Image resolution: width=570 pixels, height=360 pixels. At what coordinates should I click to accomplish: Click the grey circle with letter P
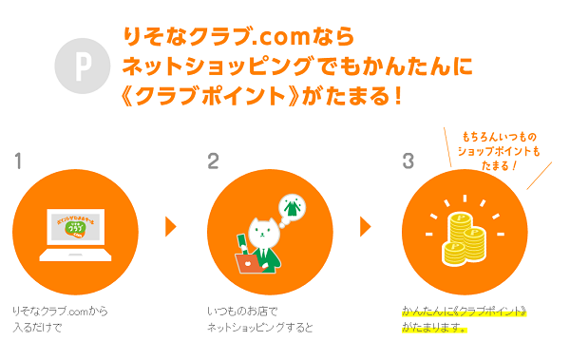click(83, 65)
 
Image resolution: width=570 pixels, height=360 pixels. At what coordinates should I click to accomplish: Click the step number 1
click(18, 161)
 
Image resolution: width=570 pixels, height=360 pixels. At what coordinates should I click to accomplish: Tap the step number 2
click(213, 161)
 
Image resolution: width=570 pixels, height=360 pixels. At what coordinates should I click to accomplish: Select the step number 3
click(408, 161)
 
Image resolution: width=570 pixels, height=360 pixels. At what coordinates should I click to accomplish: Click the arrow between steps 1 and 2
click(171, 226)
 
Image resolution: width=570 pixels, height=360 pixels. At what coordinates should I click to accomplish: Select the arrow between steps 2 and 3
click(365, 226)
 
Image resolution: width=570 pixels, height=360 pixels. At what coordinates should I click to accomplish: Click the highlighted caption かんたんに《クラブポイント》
click(464, 312)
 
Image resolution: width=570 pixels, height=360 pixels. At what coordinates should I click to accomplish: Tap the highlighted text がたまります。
click(434, 328)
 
